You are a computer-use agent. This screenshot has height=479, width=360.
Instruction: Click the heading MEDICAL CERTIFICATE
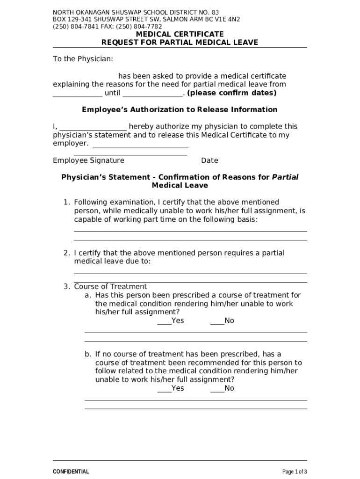180,34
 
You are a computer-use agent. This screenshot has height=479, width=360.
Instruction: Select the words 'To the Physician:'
83,59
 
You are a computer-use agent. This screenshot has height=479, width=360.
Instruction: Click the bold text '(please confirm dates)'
231,93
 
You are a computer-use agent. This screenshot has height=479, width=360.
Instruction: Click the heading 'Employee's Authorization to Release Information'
180,109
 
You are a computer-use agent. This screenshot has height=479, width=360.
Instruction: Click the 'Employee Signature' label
88,160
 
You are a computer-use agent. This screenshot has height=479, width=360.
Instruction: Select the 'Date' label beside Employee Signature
209,160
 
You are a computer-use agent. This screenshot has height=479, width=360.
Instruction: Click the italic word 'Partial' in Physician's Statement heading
285,177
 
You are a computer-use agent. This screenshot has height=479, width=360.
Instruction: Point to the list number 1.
66,202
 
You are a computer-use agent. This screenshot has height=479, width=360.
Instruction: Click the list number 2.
66,253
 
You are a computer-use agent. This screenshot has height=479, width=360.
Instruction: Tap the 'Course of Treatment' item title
110,286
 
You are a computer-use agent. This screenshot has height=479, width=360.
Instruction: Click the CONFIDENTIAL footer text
71,472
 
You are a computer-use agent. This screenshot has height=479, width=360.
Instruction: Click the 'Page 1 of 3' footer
295,472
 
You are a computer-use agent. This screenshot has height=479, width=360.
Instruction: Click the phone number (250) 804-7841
72,27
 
